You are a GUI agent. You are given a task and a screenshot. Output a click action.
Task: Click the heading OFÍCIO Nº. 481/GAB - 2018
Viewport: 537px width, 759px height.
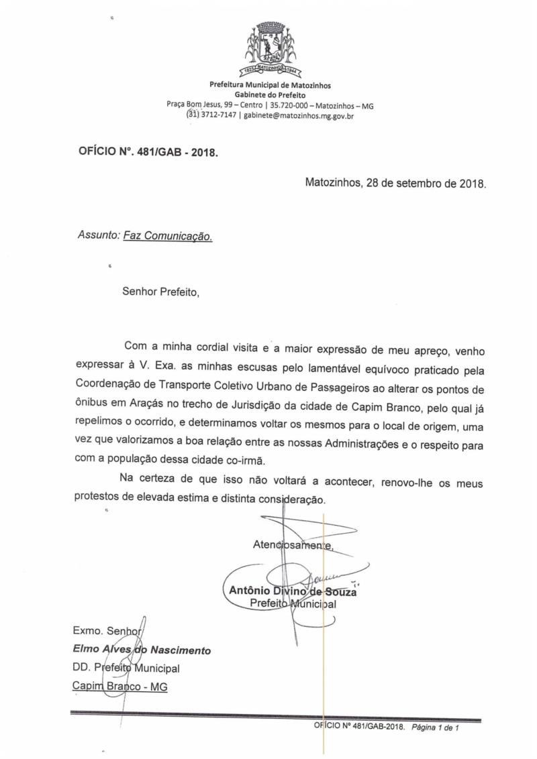149,152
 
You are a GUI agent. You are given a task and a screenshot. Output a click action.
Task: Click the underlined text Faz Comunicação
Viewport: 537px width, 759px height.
168,236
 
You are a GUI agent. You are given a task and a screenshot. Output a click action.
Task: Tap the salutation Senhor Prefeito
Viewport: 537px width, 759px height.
161,292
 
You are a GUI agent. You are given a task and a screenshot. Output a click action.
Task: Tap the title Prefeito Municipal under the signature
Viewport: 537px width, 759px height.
292,603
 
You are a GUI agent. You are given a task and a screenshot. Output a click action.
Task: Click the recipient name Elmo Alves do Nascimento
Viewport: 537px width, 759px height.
141,650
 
